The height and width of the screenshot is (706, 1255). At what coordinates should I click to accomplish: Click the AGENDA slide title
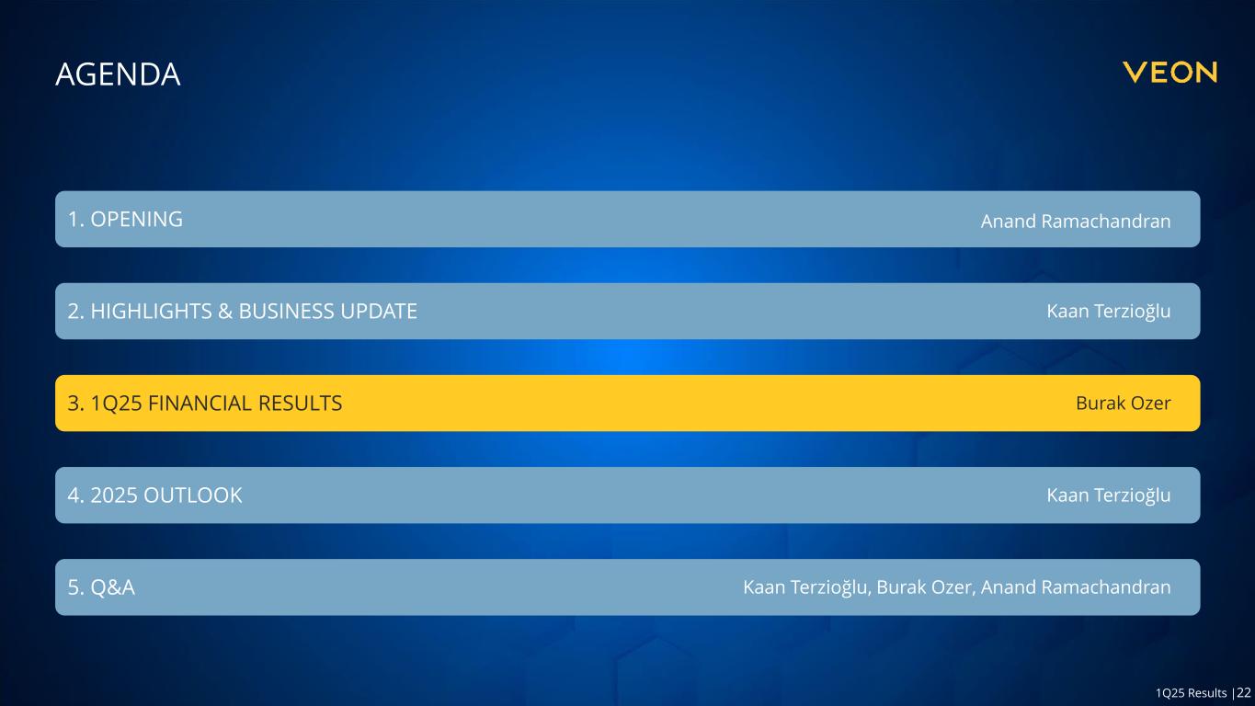point(118,74)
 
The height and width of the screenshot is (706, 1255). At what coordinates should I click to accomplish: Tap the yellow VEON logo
point(1169,73)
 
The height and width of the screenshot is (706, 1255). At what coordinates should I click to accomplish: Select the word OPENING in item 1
point(137,219)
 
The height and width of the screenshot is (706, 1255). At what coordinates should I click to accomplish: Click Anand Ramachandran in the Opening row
point(1076,222)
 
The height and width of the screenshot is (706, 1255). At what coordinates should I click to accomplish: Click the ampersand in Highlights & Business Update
point(225,311)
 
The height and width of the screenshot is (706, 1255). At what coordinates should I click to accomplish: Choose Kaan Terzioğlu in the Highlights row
point(1109,312)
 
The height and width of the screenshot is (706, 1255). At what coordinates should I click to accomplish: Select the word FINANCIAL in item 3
point(200,404)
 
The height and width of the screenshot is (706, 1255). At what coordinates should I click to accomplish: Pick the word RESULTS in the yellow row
point(300,404)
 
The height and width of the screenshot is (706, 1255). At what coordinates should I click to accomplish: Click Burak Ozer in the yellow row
point(1124,404)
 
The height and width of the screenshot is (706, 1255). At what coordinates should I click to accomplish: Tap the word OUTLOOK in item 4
point(193,495)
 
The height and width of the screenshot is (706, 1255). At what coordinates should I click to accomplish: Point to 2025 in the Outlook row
point(114,495)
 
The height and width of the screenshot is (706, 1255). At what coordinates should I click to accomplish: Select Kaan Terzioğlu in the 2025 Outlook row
point(1109,495)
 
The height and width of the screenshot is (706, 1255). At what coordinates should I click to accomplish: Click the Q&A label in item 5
point(112,587)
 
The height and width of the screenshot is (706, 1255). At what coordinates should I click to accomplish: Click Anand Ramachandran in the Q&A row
point(1076,587)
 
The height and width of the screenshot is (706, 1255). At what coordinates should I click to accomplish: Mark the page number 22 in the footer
point(1244,692)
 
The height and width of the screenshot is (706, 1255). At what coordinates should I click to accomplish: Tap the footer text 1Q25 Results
point(1192,693)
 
